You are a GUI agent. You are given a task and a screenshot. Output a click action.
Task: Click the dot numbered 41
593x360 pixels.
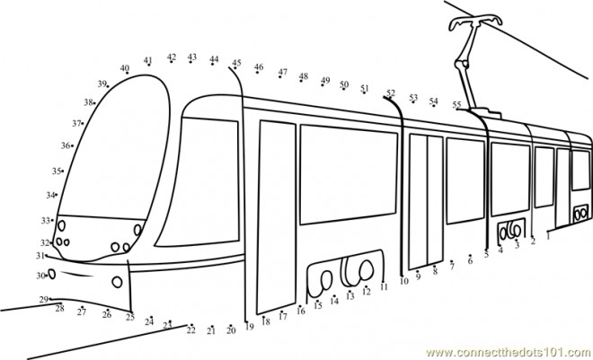[x=149, y=65]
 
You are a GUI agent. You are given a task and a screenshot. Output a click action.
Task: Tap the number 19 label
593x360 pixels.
[x=249, y=327]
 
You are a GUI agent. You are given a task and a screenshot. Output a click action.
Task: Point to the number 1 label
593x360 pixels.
[x=548, y=237]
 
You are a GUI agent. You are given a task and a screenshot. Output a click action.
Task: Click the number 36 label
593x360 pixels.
[x=66, y=145]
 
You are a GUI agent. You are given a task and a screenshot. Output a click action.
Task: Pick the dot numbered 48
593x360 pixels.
[x=301, y=81]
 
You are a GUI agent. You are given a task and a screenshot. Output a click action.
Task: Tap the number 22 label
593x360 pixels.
[x=191, y=330]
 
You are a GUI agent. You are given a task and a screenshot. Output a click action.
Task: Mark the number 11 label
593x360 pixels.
[x=384, y=287]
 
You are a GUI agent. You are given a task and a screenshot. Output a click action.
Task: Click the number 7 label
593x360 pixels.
[x=452, y=267]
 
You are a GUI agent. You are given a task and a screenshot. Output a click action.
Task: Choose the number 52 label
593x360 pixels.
[x=391, y=92]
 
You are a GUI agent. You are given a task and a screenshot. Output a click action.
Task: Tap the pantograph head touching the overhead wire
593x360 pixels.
[x=475, y=22]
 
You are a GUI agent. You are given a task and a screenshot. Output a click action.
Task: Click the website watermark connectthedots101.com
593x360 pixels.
[x=509, y=353]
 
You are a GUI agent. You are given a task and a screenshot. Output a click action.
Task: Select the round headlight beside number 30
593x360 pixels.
[x=52, y=274]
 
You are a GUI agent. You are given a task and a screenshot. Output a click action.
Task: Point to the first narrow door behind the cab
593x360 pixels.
[x=276, y=217]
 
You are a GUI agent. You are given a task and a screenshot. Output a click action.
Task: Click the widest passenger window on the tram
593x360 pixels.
[x=349, y=174]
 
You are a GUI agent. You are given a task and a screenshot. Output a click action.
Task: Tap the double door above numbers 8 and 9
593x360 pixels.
[x=426, y=201]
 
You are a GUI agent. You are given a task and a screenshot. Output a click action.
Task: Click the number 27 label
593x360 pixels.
[x=82, y=312]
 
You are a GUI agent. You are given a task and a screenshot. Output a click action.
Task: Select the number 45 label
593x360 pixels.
[x=236, y=63]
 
